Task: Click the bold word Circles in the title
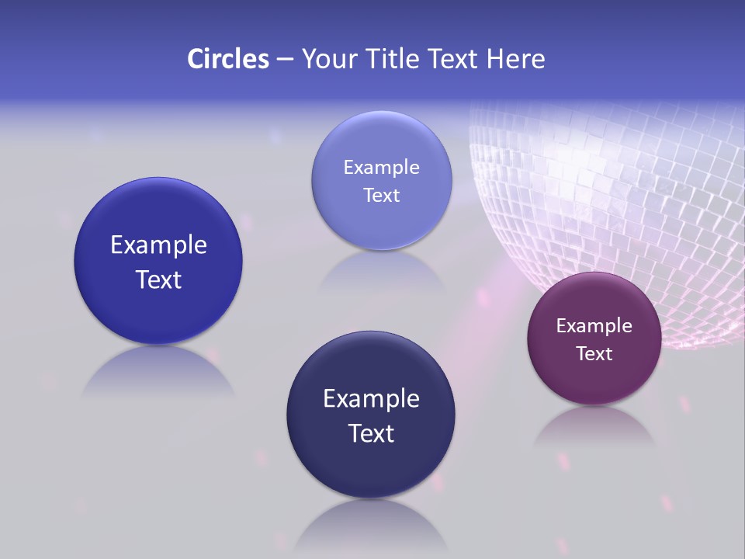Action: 227,59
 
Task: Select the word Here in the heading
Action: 516,59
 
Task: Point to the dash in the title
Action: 285,60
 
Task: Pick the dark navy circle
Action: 371,458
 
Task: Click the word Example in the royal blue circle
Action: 158,245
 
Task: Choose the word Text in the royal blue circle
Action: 158,279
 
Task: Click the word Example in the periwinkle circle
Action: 381,167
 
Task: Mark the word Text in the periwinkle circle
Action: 381,195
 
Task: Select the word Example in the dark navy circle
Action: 371,398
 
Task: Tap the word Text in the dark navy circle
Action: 371,433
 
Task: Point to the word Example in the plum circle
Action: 594,325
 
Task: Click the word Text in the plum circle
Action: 594,353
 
